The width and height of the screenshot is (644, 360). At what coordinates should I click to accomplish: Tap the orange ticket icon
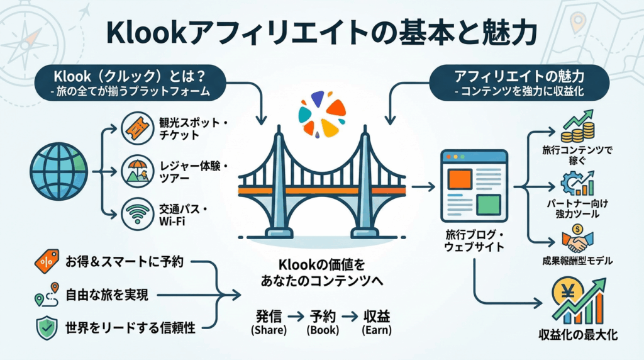pyautogui.click(x=138, y=128)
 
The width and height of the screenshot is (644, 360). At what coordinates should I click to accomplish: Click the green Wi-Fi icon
pyautogui.click(x=138, y=211)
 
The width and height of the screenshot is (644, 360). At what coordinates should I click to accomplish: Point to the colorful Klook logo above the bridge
pyautogui.click(x=321, y=113)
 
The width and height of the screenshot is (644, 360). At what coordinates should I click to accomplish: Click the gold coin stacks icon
pyautogui.click(x=577, y=128)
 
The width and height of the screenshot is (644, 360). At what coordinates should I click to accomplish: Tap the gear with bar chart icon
pyautogui.click(x=577, y=183)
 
